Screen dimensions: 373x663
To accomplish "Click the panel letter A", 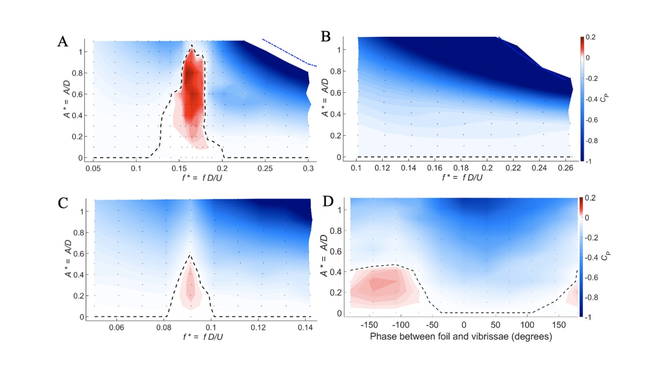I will (x=63, y=42).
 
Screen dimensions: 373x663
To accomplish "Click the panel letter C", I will (x=63, y=203).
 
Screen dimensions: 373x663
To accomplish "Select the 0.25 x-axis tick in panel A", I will (x=266, y=169).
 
